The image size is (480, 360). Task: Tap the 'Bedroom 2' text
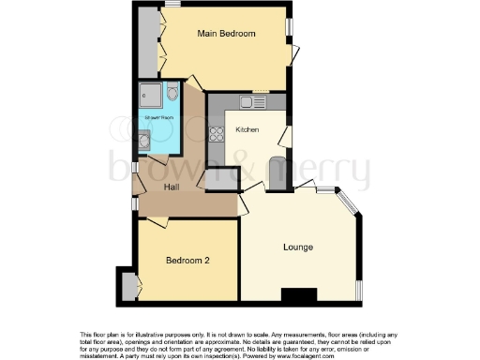[187, 260]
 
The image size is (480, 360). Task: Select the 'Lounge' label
[298, 247]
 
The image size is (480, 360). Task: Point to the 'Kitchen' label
[247, 129]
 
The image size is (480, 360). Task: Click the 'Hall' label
[172, 187]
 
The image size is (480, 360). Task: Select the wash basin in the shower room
[142, 142]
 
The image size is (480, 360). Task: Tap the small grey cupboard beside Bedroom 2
[128, 285]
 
